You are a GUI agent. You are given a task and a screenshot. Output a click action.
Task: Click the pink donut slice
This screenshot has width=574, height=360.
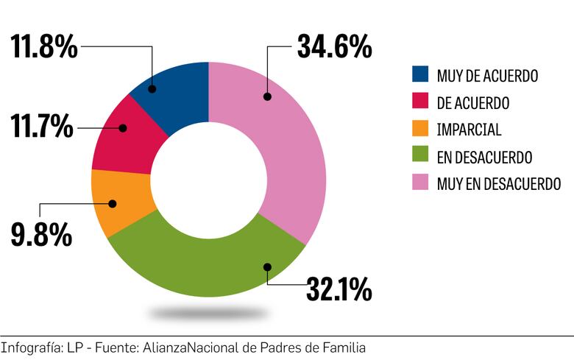291,147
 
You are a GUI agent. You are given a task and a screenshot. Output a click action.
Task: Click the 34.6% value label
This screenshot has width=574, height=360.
334,46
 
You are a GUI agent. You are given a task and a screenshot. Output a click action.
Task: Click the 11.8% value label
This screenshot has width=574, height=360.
44,46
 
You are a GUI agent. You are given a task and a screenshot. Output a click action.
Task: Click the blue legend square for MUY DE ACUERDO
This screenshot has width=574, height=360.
420,74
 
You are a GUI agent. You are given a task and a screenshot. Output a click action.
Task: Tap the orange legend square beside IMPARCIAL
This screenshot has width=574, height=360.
420,130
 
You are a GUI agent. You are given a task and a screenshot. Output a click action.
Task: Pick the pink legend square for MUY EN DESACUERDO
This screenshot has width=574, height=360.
420,183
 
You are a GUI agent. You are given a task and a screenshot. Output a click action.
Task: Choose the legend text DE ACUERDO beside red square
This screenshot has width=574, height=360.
472,102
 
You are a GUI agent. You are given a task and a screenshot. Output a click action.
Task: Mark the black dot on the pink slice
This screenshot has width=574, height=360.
268,96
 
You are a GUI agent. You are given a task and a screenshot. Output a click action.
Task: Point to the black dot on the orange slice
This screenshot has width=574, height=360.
113,202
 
